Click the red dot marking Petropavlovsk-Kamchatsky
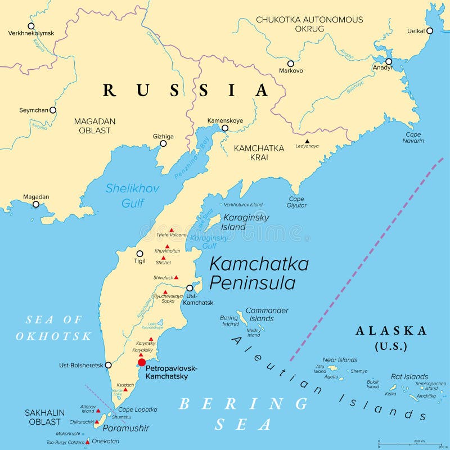pos(142,362)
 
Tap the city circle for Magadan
pos(35,204)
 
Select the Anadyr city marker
pos(388,61)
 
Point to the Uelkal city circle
pos(430,30)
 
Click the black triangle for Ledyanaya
pos(307,141)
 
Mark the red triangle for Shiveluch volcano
pos(176,277)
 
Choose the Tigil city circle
pos(139,254)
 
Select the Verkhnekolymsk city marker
pos(31,26)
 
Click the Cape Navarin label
pos(413,138)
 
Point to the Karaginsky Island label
pos(246,222)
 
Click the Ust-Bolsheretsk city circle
pos(108,365)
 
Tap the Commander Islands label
pos(267,314)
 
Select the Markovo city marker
pos(291,64)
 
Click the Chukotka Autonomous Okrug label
pos(309,24)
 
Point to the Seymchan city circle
pos(53,110)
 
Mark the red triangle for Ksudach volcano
pos(125,389)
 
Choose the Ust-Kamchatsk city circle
pos(190,288)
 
